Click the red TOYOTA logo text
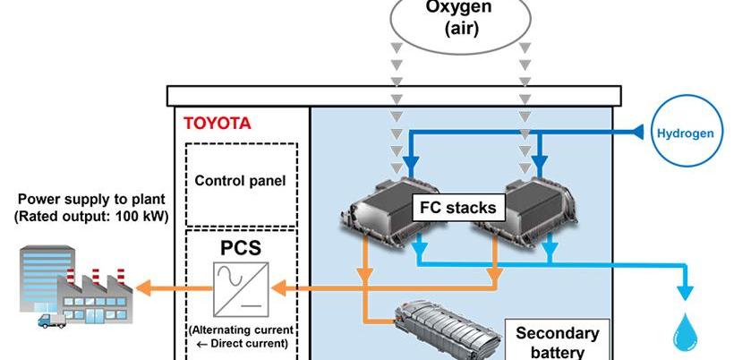pyautogui.click(x=218, y=124)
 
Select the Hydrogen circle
pyautogui.click(x=686, y=133)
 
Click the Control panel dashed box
pyautogui.click(x=240, y=181)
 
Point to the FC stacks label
pyautogui.click(x=457, y=209)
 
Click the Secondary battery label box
pyautogui.click(x=557, y=341)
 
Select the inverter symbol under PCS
pyautogui.click(x=241, y=287)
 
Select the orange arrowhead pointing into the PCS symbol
pyautogui.click(x=278, y=287)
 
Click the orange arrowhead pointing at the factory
pyautogui.click(x=142, y=287)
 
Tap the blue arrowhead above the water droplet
pyautogui.click(x=686, y=292)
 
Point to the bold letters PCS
pyautogui.click(x=240, y=244)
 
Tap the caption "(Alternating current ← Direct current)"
pyautogui.click(x=242, y=336)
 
